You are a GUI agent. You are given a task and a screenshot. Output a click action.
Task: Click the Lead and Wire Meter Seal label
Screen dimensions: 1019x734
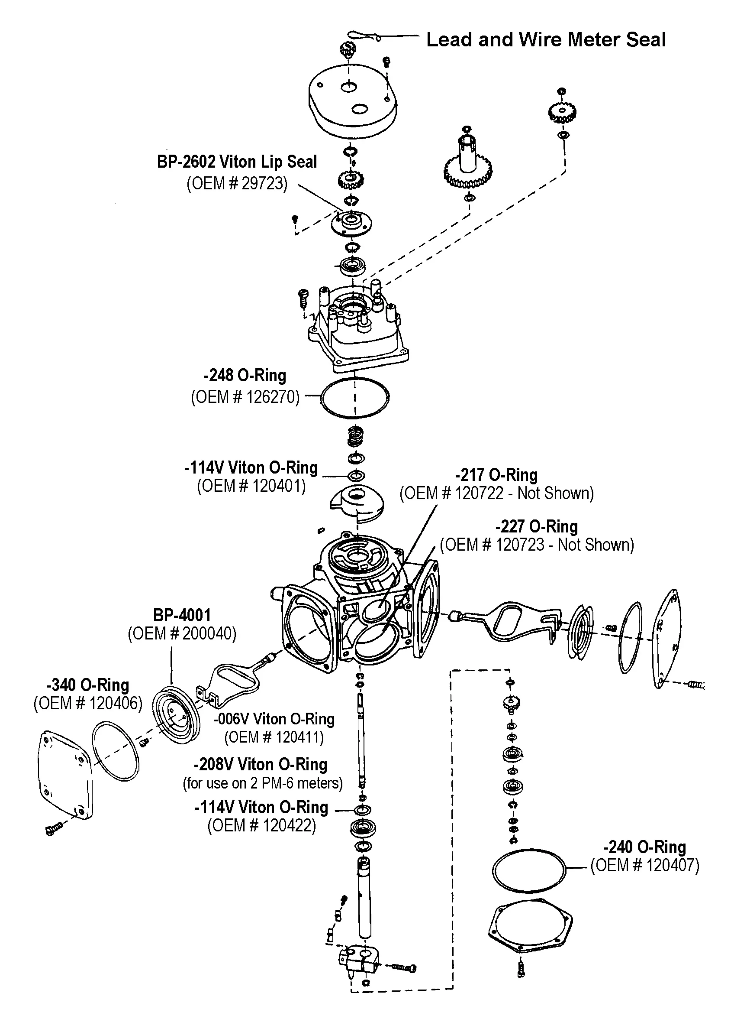[545, 39]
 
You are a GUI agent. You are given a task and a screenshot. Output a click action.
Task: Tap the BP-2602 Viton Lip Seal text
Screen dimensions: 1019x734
[237, 162]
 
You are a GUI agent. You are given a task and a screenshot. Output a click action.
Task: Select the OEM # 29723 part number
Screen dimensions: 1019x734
[237, 183]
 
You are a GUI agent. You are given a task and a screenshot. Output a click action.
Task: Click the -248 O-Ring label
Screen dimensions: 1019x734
[245, 375]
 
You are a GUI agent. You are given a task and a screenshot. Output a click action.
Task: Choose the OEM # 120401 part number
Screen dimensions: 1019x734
[251, 486]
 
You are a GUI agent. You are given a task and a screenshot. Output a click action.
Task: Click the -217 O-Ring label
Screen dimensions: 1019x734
[496, 475]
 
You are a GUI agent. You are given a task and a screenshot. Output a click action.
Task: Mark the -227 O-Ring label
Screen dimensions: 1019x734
[537, 526]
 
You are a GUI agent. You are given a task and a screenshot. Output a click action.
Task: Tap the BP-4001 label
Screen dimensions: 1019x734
[182, 615]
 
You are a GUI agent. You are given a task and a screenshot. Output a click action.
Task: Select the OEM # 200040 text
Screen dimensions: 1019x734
[182, 633]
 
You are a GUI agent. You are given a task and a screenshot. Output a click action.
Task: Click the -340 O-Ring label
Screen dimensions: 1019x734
[88, 685]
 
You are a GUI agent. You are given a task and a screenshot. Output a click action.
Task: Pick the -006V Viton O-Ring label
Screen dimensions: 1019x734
[274, 719]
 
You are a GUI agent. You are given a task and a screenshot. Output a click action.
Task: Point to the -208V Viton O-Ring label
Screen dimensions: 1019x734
[261, 764]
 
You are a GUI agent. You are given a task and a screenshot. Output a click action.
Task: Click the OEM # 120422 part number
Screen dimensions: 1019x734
[261, 825]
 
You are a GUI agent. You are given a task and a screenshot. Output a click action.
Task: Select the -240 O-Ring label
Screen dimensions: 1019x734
[645, 847]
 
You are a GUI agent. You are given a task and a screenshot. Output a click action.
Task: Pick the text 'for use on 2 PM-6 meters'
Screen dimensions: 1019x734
[263, 783]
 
